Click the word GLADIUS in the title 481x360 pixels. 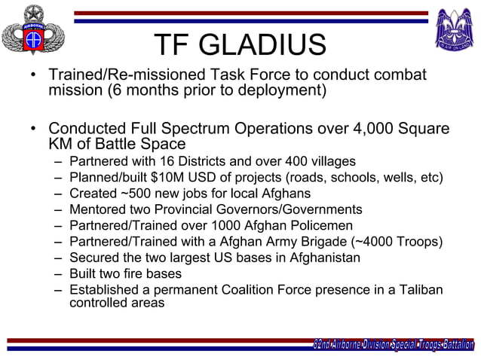tap(272, 45)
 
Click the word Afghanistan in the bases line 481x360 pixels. tap(320, 258)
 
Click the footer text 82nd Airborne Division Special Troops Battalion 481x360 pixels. tap(393, 345)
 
